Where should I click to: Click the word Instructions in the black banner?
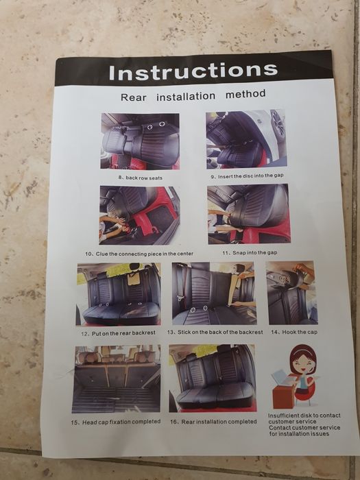[193, 71]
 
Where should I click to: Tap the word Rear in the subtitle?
[134, 97]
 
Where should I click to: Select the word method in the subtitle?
[245, 94]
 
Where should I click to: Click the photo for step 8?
[140, 141]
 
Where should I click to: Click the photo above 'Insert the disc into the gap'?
[246, 140]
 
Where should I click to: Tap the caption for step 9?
[247, 176]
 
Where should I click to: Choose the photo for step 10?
[140, 215]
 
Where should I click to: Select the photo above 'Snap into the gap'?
[249, 214]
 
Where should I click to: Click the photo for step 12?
[119, 294]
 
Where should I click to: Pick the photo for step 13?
[214, 293]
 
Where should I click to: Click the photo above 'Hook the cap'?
[292, 293]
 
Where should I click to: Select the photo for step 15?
[117, 379]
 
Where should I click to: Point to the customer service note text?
[304, 424]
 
